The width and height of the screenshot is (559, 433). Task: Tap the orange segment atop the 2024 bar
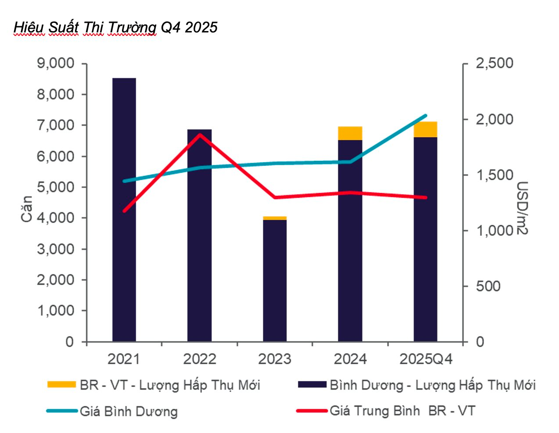[x=350, y=133]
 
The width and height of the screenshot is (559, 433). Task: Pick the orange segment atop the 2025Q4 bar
[x=425, y=130]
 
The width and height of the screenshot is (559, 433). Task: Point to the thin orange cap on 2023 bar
[x=275, y=218]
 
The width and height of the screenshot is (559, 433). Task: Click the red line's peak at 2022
[x=200, y=134]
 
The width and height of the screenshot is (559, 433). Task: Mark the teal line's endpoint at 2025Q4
[x=425, y=116]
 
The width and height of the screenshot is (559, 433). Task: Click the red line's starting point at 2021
[x=124, y=210]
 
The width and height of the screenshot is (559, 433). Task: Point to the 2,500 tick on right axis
[x=494, y=64]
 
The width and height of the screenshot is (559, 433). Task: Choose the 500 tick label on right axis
[x=488, y=286]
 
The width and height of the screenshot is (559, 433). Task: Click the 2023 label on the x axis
[x=275, y=359]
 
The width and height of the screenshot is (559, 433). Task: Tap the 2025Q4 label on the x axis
[x=426, y=359]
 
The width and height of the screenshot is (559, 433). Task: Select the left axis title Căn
[x=27, y=209]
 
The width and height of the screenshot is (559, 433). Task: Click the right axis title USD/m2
[x=522, y=208]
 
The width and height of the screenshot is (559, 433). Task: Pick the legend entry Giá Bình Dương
[x=129, y=412]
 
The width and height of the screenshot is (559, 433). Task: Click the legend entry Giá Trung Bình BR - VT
[x=402, y=411]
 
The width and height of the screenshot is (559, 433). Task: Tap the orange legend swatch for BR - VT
[x=62, y=384]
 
